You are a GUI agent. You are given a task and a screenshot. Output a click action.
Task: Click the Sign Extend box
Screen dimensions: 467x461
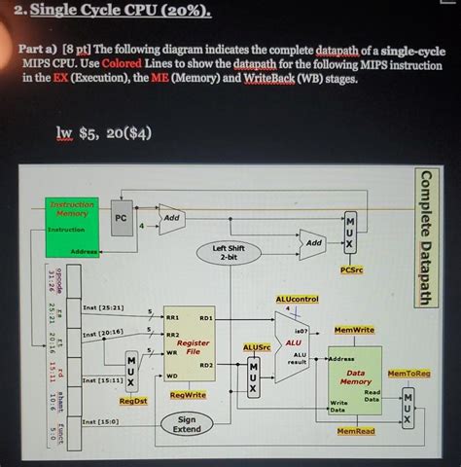point(187,424)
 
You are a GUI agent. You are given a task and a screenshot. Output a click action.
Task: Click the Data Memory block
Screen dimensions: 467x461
point(355,377)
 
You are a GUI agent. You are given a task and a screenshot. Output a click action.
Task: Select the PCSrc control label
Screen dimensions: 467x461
point(352,269)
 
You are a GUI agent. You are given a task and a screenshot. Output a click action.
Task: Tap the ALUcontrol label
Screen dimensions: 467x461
point(298,299)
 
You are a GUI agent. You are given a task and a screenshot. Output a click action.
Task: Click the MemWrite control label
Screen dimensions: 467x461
point(354,331)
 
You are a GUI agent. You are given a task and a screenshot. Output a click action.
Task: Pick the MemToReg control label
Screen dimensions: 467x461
point(408,373)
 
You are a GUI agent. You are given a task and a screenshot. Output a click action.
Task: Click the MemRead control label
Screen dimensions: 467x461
point(356,430)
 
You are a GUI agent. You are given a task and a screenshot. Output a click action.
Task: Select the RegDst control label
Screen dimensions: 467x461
point(133,400)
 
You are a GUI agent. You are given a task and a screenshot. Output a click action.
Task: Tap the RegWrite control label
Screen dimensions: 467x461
point(188,395)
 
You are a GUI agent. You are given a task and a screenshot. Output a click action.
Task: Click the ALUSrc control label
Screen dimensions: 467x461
point(256,345)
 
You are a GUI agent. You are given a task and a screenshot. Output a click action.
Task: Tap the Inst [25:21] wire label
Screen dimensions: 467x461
point(103,306)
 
